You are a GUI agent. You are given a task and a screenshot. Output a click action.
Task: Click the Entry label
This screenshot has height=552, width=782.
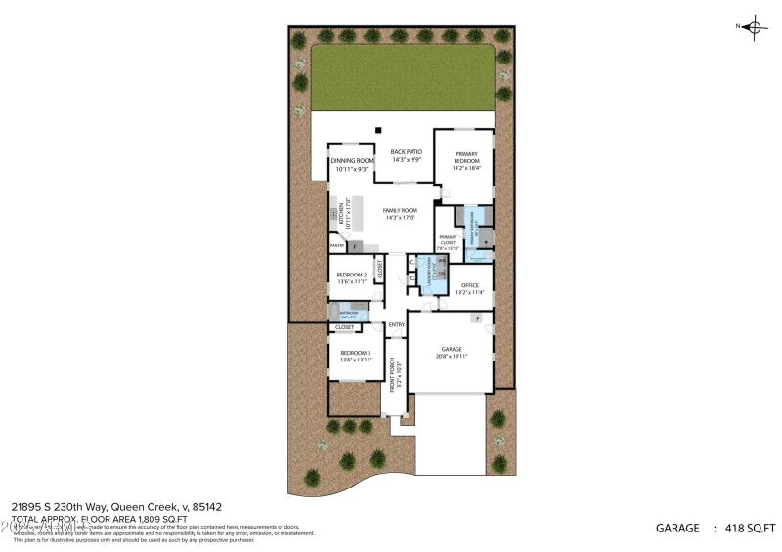pyautogui.click(x=397, y=324)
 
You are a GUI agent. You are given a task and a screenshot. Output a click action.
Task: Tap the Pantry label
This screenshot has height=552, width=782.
pyautogui.click(x=336, y=247)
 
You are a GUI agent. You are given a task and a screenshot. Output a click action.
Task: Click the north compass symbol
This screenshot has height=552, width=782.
pyautogui.click(x=753, y=27)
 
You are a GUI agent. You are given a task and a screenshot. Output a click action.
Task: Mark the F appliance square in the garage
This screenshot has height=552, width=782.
pyautogui.click(x=477, y=318)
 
